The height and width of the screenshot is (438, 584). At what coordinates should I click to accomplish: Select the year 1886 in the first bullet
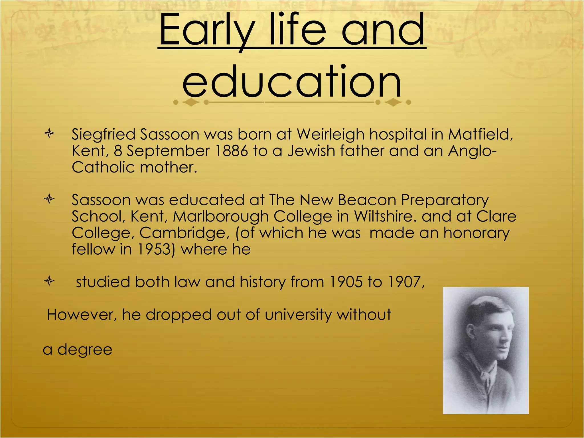231,151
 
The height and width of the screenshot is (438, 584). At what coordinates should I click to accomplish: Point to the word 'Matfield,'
480,134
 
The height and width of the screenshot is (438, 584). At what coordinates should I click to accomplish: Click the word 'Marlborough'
221,216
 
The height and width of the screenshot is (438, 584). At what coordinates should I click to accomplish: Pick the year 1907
406,282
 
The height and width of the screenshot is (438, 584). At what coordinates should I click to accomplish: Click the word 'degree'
85,350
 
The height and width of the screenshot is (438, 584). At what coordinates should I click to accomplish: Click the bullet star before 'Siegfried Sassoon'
49,133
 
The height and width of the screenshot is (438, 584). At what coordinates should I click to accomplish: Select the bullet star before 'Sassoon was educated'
49,199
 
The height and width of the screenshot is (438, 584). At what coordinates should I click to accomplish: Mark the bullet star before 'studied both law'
49,281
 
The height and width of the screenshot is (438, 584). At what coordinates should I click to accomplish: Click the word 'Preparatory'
445,200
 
